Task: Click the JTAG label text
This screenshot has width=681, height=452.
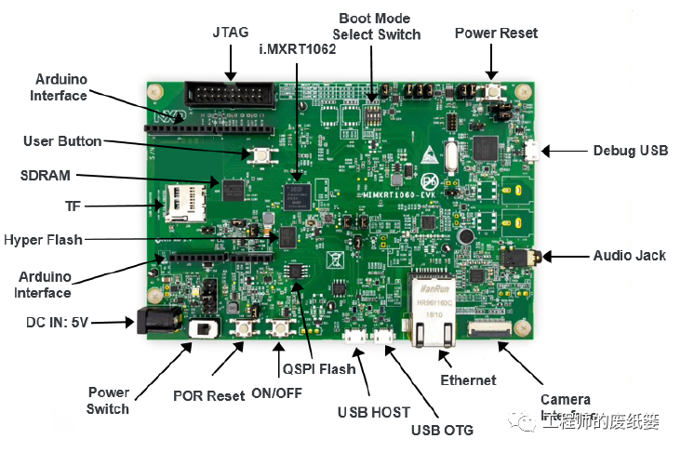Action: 231,31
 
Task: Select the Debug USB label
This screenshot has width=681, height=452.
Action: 630,151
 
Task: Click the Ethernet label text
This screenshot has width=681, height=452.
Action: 468,379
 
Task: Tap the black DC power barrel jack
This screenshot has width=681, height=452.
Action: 153,322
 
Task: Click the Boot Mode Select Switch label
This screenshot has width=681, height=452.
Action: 377,26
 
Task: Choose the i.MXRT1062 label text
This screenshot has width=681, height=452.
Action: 297,48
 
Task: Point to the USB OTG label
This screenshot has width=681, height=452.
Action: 443,430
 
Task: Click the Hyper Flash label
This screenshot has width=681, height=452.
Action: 44,240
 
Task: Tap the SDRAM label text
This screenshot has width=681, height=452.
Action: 46,175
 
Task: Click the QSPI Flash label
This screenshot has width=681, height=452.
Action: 319,369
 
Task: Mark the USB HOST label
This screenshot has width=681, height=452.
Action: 373,411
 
